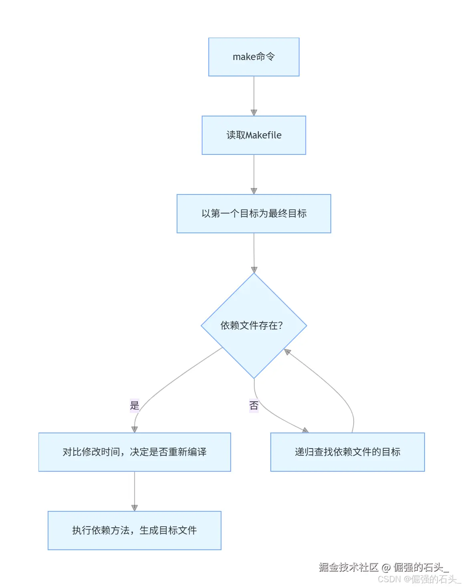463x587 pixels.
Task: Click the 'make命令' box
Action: [254, 57]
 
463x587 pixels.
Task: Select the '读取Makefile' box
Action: [254, 135]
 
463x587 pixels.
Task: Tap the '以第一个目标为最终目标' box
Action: [254, 214]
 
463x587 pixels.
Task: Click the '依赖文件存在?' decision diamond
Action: [254, 326]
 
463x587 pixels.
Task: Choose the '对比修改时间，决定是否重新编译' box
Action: [135, 452]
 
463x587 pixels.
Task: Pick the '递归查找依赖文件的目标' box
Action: [347, 452]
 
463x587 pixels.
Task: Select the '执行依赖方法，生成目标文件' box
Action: [135, 531]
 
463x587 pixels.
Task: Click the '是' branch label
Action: [135, 405]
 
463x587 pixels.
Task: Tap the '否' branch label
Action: [254, 406]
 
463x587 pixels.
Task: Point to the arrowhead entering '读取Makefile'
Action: [254, 112]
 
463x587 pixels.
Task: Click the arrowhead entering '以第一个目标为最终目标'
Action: [254, 191]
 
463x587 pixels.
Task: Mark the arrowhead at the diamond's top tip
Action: [254, 270]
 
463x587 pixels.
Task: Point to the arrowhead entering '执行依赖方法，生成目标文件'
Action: [135, 508]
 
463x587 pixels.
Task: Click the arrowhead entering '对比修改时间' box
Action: [135, 429]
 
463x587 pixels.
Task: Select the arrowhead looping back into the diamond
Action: [287, 352]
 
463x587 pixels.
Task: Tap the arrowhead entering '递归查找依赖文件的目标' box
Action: [305, 430]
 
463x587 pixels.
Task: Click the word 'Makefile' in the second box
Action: [264, 135]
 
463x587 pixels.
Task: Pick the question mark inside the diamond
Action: [280, 326]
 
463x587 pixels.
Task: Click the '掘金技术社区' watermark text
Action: [348, 567]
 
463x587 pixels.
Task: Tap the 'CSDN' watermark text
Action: [389, 579]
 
